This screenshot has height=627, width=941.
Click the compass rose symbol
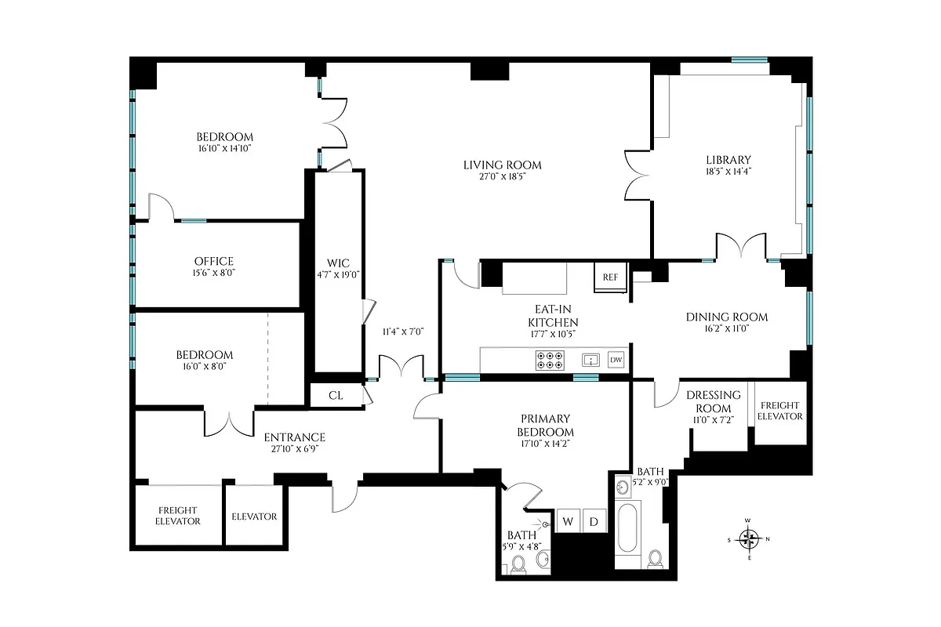(750, 538)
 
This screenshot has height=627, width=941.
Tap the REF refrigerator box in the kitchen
(610, 277)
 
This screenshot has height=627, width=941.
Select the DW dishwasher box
(616, 360)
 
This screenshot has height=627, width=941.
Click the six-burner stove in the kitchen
(550, 360)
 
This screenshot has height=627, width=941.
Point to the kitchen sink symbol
(590, 360)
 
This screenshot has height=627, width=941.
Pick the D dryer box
(594, 521)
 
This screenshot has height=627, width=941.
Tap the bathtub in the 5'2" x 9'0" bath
(629, 529)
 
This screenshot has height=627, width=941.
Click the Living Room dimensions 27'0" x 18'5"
(502, 177)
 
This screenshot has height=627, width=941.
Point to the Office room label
(214, 261)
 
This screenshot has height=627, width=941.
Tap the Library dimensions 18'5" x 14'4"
(728, 171)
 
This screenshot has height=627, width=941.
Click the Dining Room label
(727, 317)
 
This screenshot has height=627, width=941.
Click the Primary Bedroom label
(545, 426)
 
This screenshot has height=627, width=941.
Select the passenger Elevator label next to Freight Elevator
(254, 516)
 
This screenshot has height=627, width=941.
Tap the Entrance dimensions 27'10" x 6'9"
(294, 449)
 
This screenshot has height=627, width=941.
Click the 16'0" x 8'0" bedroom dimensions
(204, 366)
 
